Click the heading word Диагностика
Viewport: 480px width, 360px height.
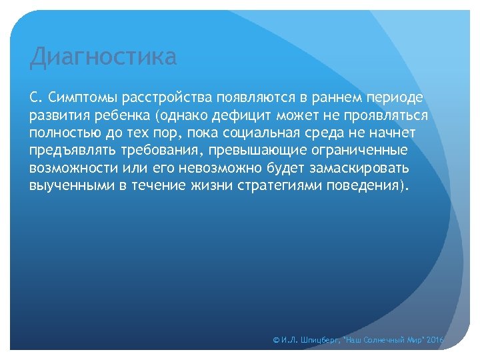point(103,57)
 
